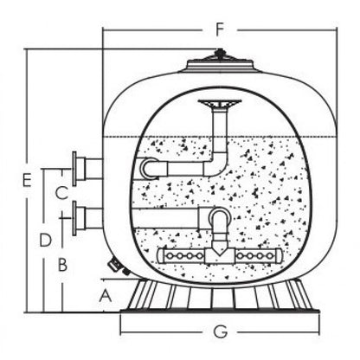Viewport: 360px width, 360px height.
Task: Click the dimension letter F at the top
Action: tap(220, 29)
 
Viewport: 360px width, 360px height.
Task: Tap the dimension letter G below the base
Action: tap(221, 331)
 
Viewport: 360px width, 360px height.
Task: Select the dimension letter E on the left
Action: tap(27, 181)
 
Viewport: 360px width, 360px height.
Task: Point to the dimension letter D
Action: tap(45, 240)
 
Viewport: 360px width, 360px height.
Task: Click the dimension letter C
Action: tap(61, 193)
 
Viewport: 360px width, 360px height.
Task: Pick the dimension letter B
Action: tap(62, 265)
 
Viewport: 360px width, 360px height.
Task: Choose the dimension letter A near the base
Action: tap(106, 296)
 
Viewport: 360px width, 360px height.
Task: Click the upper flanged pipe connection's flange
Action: tap(74, 169)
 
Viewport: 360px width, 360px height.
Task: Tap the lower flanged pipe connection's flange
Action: tap(74, 218)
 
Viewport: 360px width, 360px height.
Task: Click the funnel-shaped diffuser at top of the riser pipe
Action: tap(220, 105)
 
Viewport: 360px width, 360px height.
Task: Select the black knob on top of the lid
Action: tap(220, 53)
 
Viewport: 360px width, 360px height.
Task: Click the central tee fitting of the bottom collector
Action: tap(220, 255)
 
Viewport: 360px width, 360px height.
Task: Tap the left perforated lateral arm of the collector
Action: tap(181, 255)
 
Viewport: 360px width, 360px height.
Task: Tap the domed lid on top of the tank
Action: tap(220, 65)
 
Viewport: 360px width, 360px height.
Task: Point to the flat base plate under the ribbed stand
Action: tap(220, 311)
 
